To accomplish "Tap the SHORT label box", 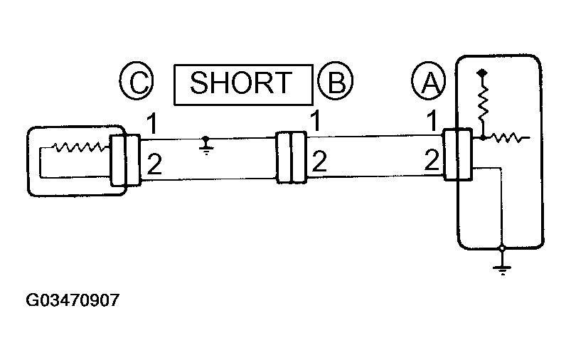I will click(x=242, y=84).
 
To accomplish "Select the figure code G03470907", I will click(x=72, y=300).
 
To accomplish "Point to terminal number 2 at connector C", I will click(x=154, y=166).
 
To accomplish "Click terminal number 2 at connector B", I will click(x=319, y=163).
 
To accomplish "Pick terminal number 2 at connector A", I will click(x=432, y=160).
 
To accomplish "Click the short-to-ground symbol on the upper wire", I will click(x=206, y=144).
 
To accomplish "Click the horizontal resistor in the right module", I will click(x=511, y=137).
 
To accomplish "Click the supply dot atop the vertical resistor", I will click(x=483, y=73).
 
